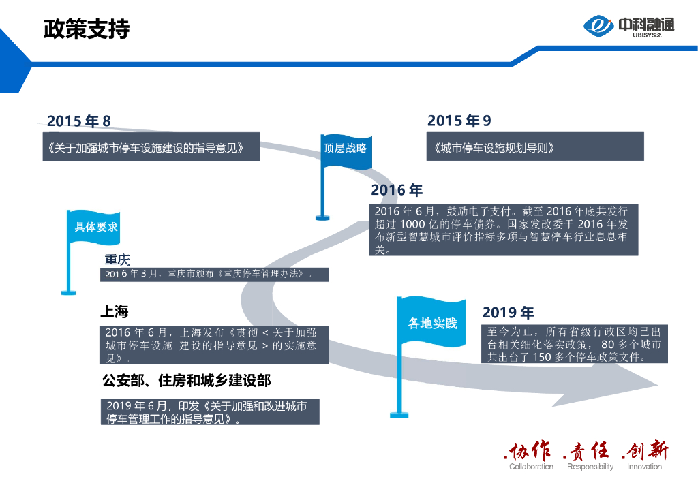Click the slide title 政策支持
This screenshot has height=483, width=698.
pyautogui.click(x=86, y=29)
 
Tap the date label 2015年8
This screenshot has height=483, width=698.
pyautogui.click(x=78, y=121)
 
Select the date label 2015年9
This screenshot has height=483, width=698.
pyautogui.click(x=459, y=121)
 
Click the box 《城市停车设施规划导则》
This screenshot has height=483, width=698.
pyautogui.click(x=535, y=147)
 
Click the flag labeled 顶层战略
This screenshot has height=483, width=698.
pyautogui.click(x=345, y=148)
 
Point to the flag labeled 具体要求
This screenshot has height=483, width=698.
pyautogui.click(x=96, y=228)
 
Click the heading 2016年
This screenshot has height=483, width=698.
pyautogui.click(x=397, y=191)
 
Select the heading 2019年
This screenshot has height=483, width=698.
pyautogui.click(x=509, y=313)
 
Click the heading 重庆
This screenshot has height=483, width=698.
pyautogui.click(x=117, y=260)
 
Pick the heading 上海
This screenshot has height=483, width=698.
pyautogui.click(x=115, y=312)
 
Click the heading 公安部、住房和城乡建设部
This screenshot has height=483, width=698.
pyautogui.click(x=187, y=380)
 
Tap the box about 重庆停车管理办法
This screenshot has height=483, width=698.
pyautogui.click(x=215, y=275)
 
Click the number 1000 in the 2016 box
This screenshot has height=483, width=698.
pyautogui.click(x=414, y=223)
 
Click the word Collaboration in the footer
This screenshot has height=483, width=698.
pyautogui.click(x=531, y=467)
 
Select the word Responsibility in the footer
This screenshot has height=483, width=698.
pyautogui.click(x=590, y=467)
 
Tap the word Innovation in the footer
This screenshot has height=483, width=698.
pyautogui.click(x=644, y=467)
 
